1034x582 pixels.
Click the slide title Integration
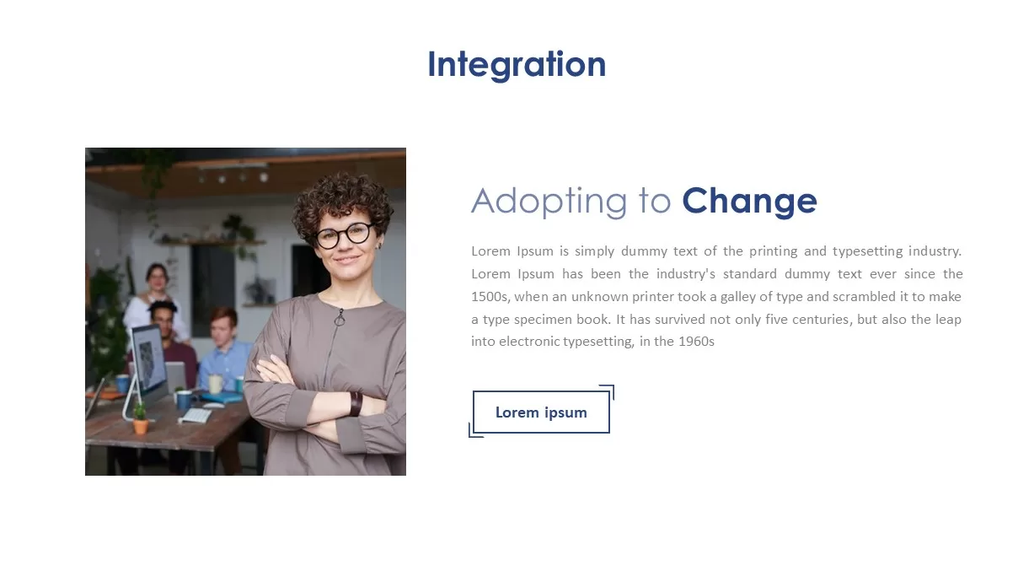pos(517,65)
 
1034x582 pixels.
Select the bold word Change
pos(749,202)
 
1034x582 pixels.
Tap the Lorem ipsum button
pos(541,412)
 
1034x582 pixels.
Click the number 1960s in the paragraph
pos(696,342)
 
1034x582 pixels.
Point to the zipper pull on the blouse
pos(340,318)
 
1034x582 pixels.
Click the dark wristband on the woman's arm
pos(356,403)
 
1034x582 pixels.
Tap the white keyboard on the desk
pos(196,415)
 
